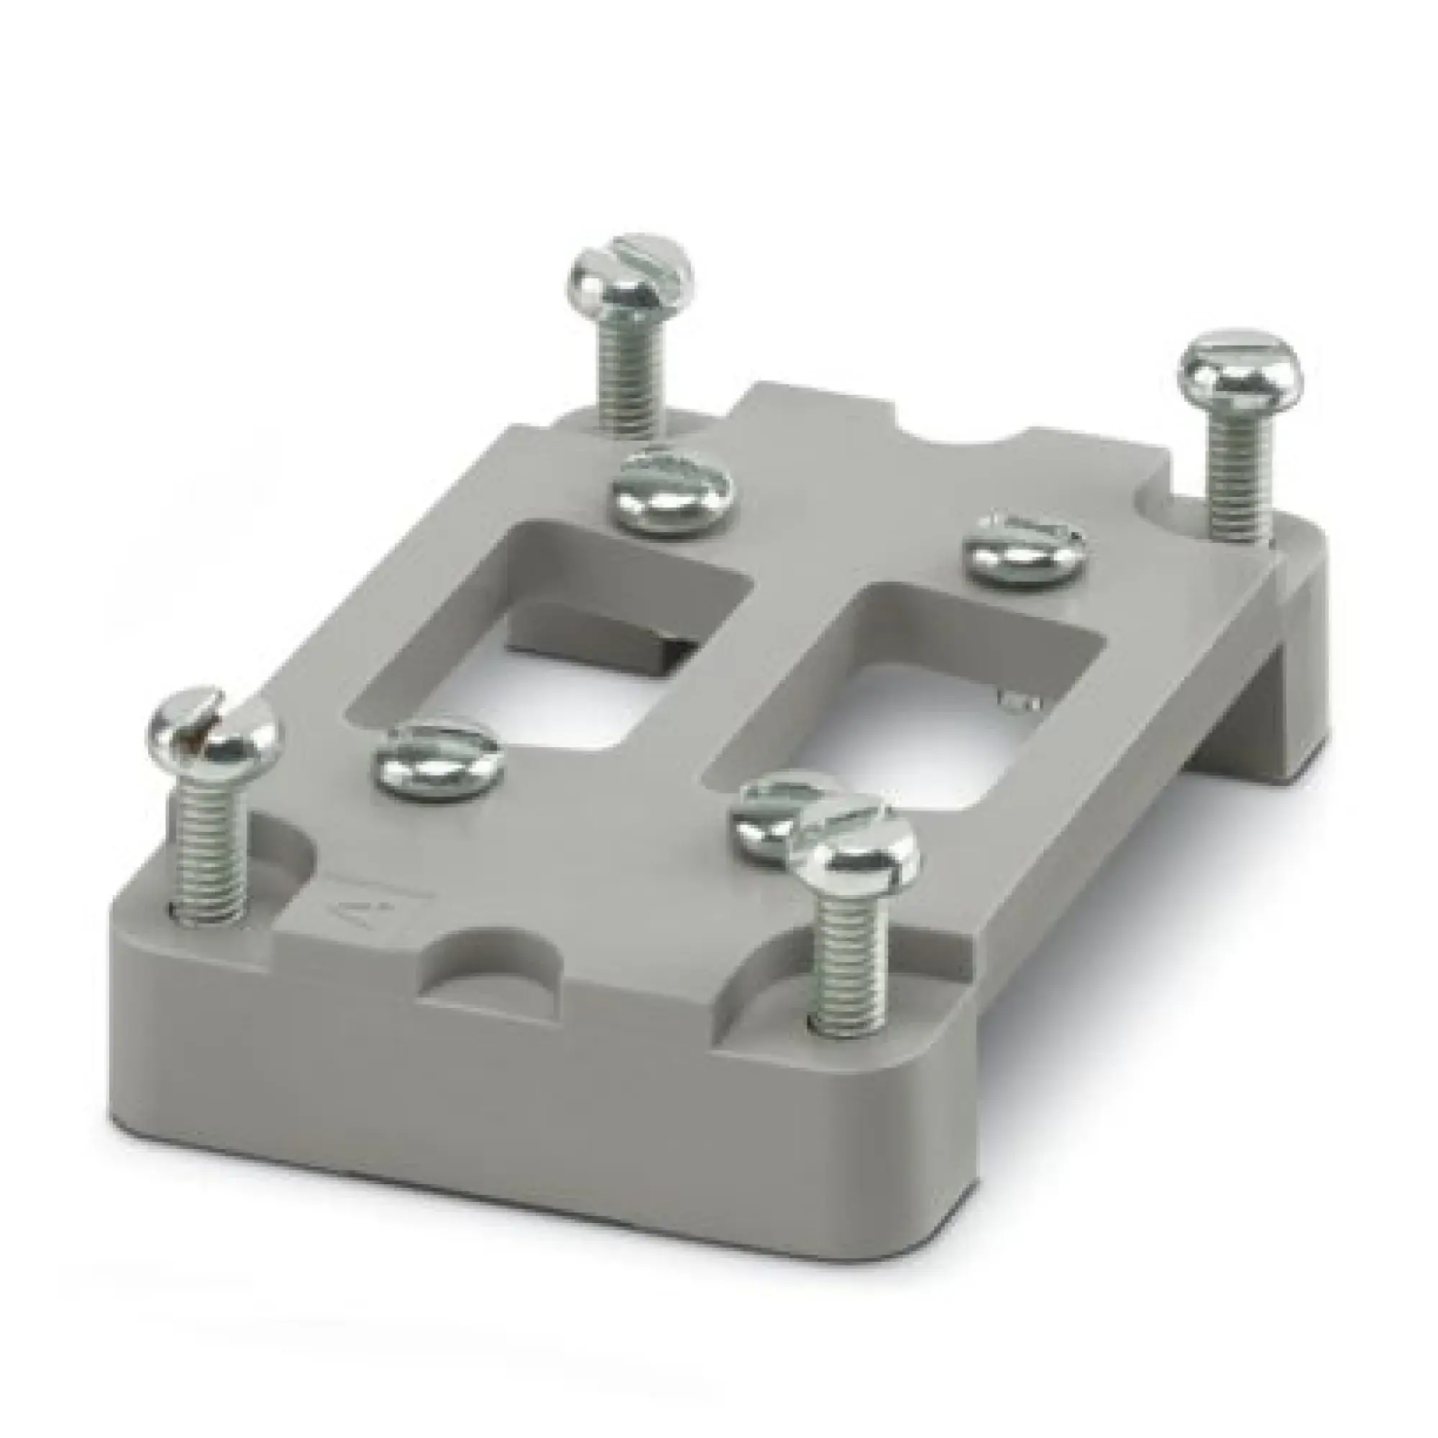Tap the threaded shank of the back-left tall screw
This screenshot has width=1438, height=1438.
[x=627, y=379]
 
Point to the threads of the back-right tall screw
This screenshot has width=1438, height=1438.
[x=1235, y=477]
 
